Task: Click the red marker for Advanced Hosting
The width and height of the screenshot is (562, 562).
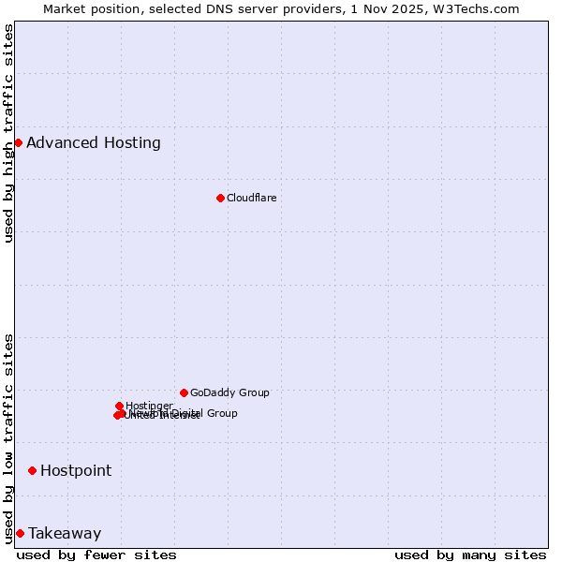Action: [18, 142]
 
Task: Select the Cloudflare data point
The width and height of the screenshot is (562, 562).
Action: [220, 198]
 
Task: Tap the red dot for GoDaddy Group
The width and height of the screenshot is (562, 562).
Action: [184, 392]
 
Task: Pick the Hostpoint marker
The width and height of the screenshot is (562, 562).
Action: [32, 470]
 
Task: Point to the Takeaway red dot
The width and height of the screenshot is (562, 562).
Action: [20, 533]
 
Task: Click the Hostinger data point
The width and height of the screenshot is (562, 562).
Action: [119, 406]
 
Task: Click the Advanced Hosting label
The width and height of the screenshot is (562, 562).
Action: [94, 143]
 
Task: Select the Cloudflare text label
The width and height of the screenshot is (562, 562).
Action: [251, 198]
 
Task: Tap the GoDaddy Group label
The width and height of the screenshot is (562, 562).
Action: [229, 392]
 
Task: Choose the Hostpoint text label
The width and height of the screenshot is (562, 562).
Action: [76, 470]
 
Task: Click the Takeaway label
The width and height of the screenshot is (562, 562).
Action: [65, 534]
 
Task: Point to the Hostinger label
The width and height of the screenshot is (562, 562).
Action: [149, 406]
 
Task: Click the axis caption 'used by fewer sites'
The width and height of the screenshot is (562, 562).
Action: [96, 555]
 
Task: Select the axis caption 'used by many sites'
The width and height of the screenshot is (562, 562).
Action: [470, 555]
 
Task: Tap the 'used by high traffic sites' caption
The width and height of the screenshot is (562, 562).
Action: [9, 133]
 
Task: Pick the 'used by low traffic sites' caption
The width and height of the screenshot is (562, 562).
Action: [9, 437]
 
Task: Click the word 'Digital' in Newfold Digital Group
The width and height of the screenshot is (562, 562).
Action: [186, 413]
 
